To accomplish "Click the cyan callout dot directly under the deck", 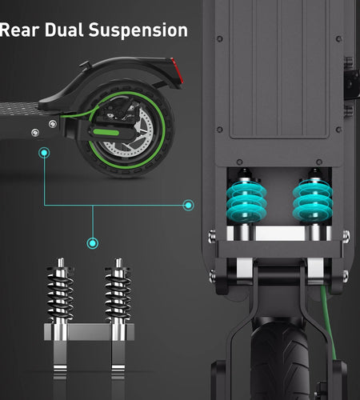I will [x=45, y=151].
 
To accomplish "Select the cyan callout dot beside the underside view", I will [x=188, y=206].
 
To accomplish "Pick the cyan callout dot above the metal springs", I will [x=93, y=242].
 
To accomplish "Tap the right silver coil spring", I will [x=117, y=293].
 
